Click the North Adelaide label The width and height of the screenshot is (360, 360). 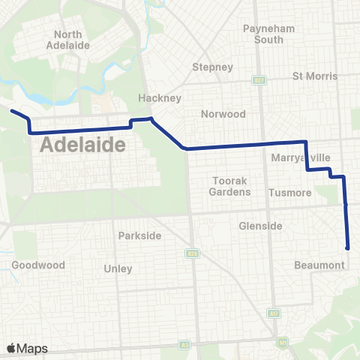[73, 40]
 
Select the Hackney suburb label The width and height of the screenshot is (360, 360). [156, 97]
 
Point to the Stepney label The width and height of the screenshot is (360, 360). [213, 67]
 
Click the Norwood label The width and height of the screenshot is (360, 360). [223, 114]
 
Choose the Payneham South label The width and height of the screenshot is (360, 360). [263, 34]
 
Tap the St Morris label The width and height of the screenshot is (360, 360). [315, 76]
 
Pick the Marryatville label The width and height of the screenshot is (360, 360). [300, 158]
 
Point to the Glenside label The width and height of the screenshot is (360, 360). [260, 226]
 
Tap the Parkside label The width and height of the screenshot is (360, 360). [139, 235]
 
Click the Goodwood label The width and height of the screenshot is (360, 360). [38, 265]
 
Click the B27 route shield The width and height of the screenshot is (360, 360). [259, 79]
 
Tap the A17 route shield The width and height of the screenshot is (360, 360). [274, 312]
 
